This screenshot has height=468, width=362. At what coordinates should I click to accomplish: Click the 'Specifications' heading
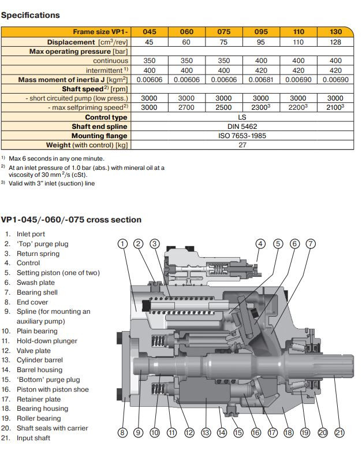pos(31,15)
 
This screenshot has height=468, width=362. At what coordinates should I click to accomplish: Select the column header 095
pos(261,32)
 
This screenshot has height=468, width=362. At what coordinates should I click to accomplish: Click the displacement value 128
pos(335,42)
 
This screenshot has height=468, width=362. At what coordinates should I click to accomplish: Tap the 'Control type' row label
pos(106,117)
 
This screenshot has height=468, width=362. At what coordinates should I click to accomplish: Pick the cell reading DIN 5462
pos(242,127)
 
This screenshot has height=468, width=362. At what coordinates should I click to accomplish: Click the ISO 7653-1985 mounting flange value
pos(242,136)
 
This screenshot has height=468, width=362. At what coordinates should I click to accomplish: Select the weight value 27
pos(242,145)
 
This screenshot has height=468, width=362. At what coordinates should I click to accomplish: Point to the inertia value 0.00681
pos(261,80)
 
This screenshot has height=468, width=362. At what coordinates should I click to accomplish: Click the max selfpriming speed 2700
pos(186,107)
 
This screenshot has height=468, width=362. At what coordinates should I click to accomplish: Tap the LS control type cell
pos(242,117)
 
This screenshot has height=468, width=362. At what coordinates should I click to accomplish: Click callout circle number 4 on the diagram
pos(260,243)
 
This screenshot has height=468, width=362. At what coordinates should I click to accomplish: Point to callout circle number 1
pos(122,243)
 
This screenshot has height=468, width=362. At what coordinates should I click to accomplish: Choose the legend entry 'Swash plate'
pos(36,283)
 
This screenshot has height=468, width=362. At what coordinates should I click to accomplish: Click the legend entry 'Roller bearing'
pos(39,418)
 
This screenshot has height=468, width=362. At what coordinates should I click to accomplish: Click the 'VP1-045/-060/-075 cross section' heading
pos(71,220)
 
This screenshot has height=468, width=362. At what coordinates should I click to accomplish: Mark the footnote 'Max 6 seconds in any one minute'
pos(57,158)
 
